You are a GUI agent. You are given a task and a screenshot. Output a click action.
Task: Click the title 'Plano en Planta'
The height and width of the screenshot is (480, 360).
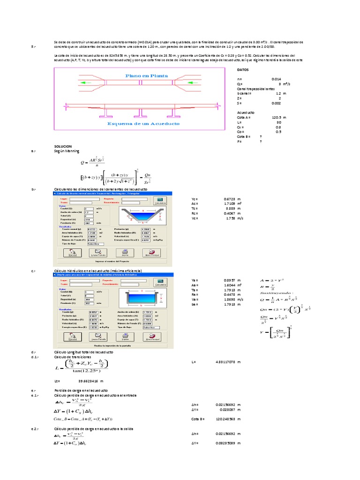[146, 75]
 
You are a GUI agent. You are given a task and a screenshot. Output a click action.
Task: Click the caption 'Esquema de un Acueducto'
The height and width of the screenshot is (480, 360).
[143, 124]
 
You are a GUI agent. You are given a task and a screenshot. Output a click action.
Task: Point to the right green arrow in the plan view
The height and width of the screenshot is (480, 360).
[207, 82]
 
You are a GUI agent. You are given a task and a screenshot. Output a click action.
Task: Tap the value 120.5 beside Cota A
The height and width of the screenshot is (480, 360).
[277, 118]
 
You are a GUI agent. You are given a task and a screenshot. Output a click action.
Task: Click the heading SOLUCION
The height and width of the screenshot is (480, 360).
[63, 146]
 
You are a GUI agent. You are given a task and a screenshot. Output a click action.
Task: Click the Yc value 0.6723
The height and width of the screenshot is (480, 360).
[230, 199]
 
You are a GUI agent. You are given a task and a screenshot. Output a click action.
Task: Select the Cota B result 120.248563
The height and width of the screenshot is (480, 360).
[229, 419]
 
